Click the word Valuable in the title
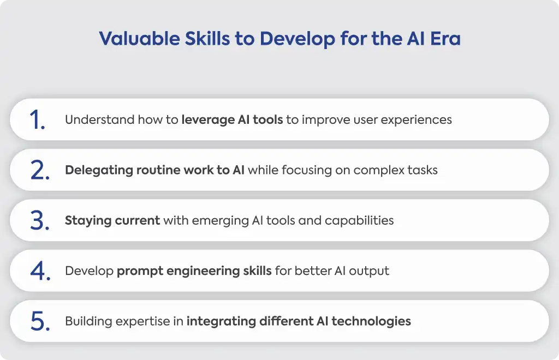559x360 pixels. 139,39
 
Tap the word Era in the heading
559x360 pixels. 445,39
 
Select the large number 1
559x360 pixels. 37,119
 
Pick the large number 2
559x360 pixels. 39,170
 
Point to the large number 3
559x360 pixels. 39,220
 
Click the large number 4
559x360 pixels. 40,271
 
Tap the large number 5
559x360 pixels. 40,321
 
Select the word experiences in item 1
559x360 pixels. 416,120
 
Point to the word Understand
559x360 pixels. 99,119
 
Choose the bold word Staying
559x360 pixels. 88,221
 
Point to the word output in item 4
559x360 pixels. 369,271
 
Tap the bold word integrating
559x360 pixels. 222,321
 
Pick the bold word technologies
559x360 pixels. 371,321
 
